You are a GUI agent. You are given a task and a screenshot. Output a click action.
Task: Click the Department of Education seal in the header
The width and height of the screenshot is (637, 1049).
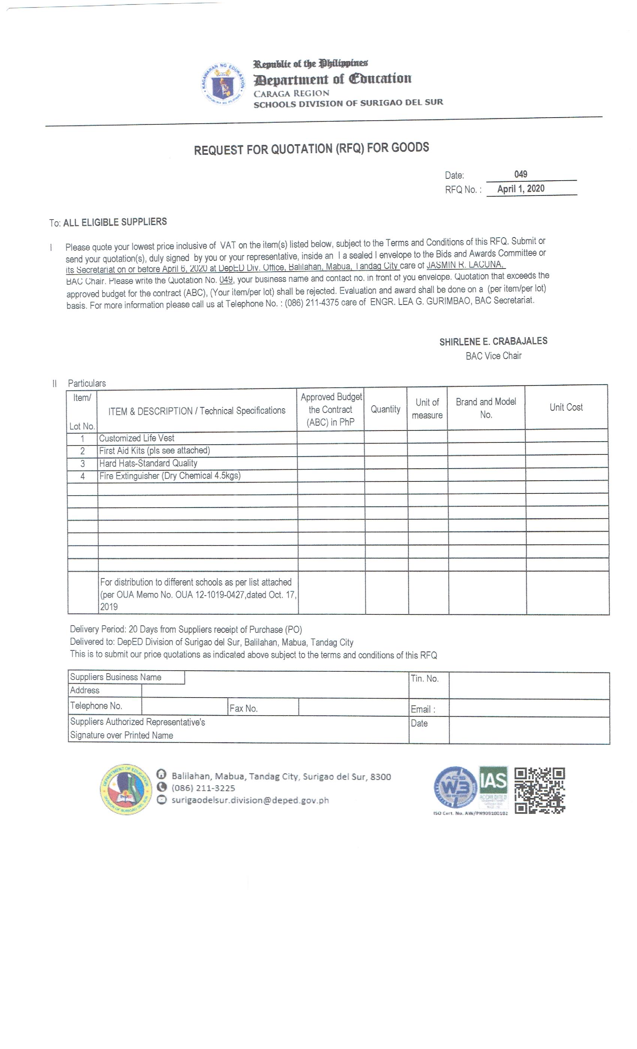point(223,84)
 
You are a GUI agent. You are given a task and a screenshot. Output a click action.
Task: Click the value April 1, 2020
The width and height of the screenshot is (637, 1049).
point(520,188)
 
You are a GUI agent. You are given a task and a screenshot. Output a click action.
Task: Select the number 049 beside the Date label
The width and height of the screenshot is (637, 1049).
point(520,174)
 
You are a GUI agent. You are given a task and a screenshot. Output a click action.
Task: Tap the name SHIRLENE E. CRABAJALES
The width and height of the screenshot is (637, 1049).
point(493,341)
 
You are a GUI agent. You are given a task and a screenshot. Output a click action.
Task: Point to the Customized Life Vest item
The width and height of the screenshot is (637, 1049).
point(137,438)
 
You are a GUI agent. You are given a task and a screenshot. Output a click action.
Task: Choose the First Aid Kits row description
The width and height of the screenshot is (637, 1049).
point(154,450)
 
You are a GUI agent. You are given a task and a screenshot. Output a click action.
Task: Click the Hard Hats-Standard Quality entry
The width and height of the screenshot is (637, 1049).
point(148,463)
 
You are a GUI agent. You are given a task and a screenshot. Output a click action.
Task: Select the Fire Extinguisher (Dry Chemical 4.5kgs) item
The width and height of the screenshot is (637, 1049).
point(170,476)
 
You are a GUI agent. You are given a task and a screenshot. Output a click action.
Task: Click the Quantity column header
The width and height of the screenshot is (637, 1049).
point(385,409)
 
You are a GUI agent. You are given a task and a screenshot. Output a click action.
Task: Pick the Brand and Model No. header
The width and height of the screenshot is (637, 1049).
point(486,408)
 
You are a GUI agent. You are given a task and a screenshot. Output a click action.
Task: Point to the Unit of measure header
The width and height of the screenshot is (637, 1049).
point(427,409)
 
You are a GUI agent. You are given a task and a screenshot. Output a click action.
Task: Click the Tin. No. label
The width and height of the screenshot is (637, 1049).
point(425,678)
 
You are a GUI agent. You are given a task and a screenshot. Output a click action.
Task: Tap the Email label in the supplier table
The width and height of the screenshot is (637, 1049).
point(423,709)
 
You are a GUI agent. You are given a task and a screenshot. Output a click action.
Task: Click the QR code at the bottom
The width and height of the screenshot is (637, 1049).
point(540,790)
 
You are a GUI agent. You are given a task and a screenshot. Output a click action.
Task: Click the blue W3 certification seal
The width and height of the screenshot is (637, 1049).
point(455,787)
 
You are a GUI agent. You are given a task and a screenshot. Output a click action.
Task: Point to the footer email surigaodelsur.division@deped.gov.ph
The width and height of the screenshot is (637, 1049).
point(250,800)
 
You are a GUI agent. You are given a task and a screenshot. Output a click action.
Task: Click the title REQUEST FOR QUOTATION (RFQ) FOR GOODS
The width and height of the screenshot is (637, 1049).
point(311,149)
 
